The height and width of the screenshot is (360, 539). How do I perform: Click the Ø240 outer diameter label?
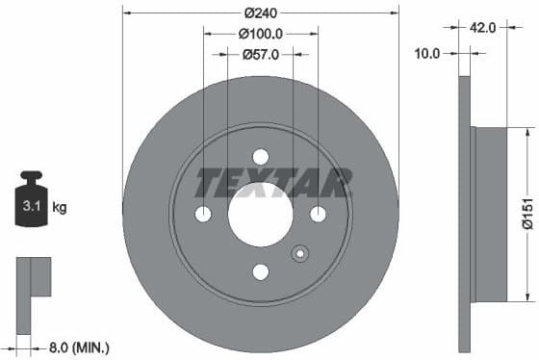tap(260, 13)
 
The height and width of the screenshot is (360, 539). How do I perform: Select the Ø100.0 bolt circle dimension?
tap(260, 34)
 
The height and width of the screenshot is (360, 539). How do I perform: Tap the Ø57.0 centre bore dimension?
tap(260, 55)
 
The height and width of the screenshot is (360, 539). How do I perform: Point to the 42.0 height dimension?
tap(484, 28)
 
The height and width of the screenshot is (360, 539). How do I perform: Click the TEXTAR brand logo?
tap(273, 182)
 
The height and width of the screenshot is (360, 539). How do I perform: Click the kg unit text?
tap(60, 207)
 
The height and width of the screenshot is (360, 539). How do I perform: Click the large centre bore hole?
tap(260, 214)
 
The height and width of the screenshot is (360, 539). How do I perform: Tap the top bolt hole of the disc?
tap(260, 157)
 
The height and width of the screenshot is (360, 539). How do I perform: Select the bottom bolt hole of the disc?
tap(260, 271)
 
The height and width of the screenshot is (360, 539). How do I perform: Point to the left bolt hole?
tap(203, 214)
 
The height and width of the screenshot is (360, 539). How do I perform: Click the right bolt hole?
tap(318, 214)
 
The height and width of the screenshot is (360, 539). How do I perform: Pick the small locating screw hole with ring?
tap(300, 254)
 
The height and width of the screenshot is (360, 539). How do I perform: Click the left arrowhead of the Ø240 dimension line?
tap(126, 13)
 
